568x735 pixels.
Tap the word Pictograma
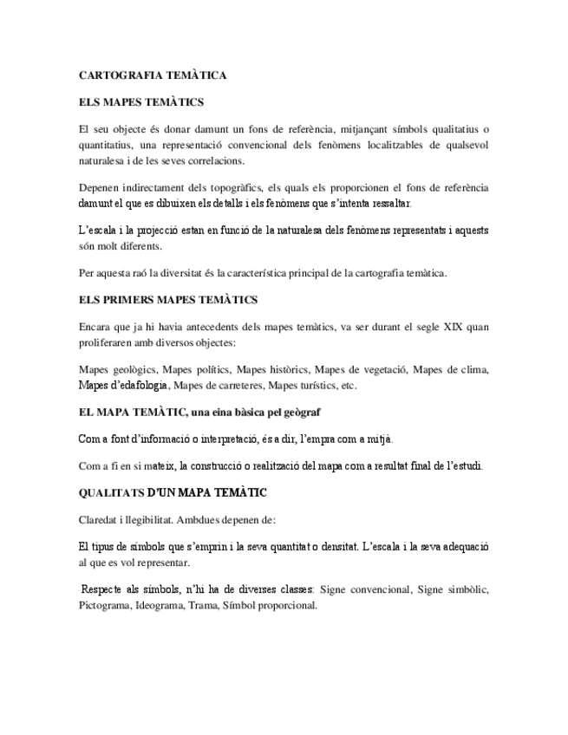pos(103,606)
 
